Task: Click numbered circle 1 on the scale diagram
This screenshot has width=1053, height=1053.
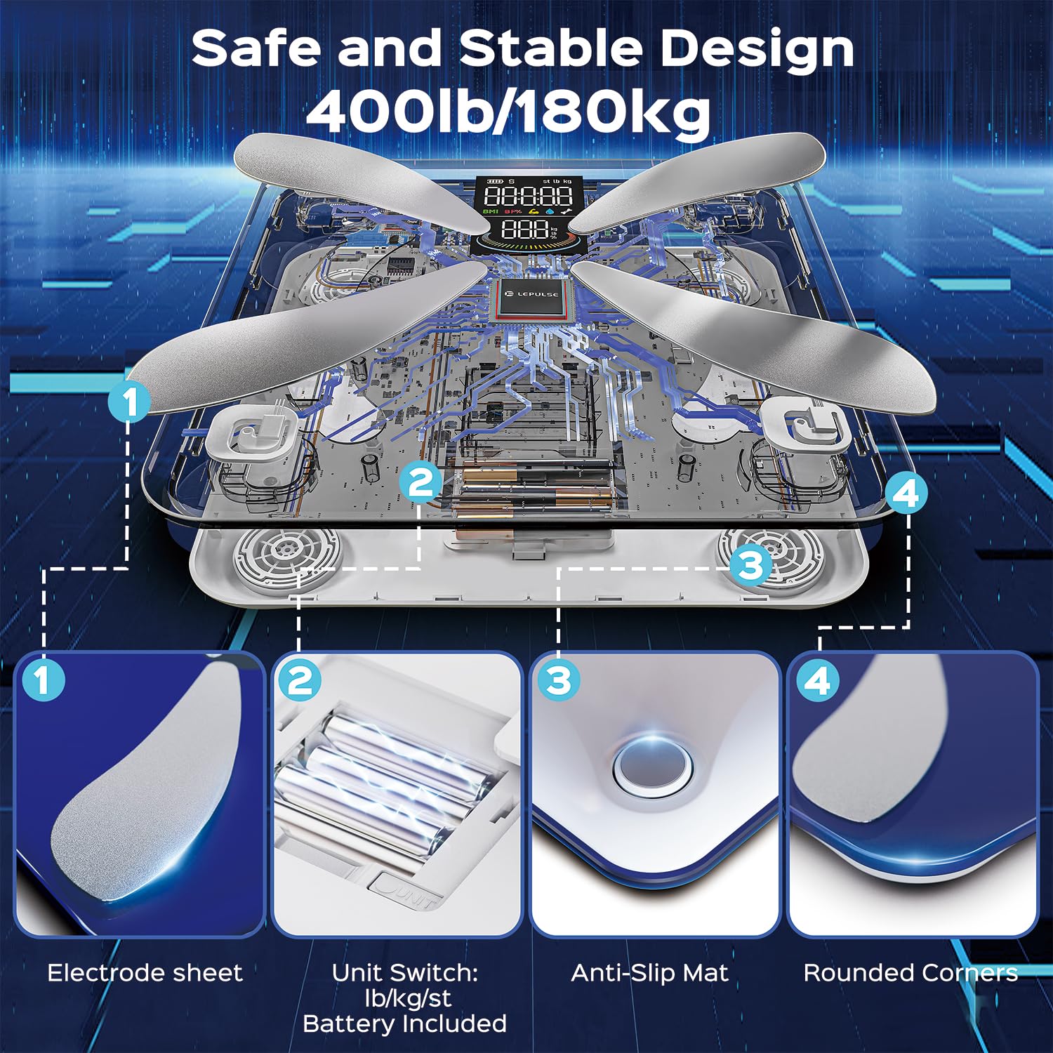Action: tap(130, 402)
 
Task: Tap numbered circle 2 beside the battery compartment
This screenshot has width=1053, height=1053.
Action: tap(420, 483)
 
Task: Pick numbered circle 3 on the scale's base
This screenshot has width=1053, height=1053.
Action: tap(750, 564)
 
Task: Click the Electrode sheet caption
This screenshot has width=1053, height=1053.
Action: tap(145, 973)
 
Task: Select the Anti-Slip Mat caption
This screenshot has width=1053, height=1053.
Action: tap(650, 974)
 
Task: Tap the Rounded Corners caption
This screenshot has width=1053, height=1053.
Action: tap(910, 973)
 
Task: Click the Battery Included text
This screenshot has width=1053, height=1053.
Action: tap(405, 1024)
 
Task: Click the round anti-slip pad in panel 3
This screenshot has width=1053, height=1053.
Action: tap(652, 764)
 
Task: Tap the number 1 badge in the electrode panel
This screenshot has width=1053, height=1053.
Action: tap(43, 680)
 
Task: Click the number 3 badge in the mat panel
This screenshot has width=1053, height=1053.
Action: tap(559, 680)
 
